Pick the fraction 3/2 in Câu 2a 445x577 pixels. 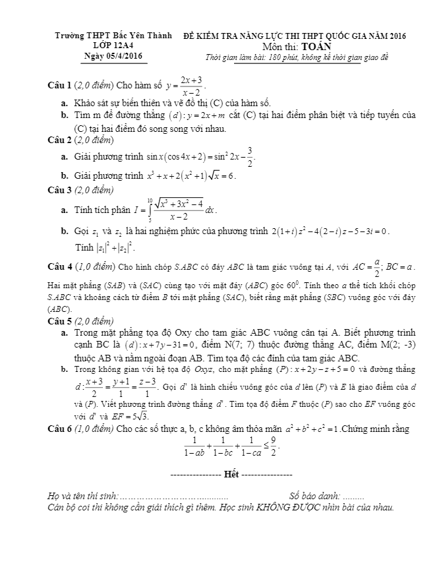pyautogui.click(x=249, y=156)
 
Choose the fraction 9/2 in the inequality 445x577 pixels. pyautogui.click(x=272, y=447)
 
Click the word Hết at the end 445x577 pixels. pyautogui.click(x=231, y=475)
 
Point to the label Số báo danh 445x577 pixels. pyautogui.click(x=314, y=496)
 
